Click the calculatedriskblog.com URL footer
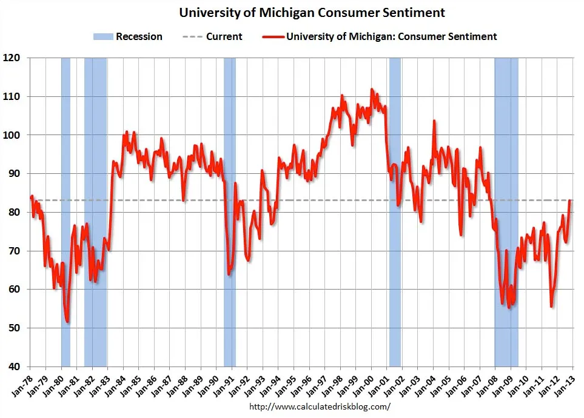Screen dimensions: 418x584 (x=318, y=407)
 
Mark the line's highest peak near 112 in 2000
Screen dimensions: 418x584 (x=372, y=90)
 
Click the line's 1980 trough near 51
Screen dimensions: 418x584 (x=67, y=322)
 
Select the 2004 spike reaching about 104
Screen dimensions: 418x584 (x=434, y=121)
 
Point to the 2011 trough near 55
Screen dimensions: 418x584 (x=551, y=307)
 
